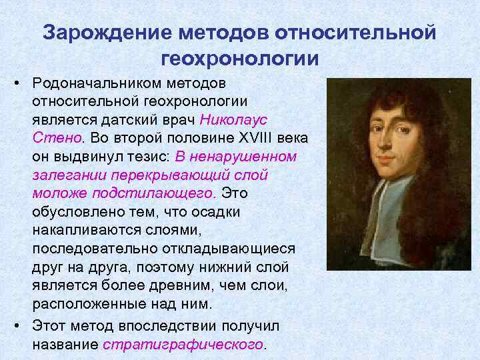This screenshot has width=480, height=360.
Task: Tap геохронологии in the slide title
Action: click(240, 58)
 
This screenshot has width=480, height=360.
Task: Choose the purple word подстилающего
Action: click(171, 193)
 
